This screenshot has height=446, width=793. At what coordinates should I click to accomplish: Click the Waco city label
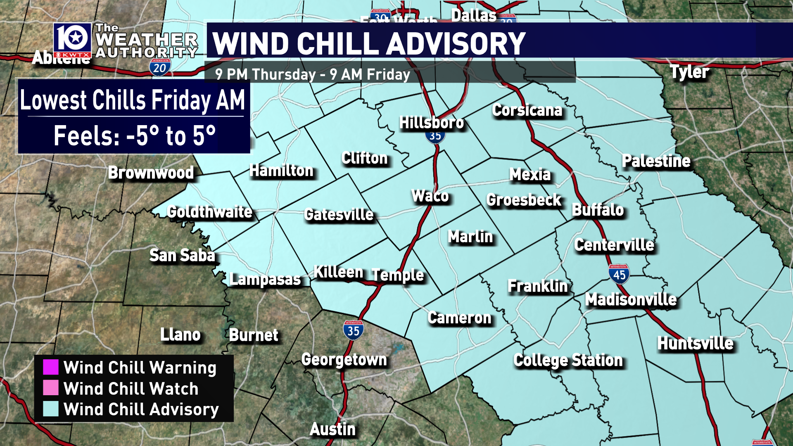point(430,196)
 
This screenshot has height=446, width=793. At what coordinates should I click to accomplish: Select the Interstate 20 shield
point(160,67)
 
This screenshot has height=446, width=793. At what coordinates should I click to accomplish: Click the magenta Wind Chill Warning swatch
point(51,367)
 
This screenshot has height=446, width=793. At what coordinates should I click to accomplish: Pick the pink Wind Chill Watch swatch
point(51,388)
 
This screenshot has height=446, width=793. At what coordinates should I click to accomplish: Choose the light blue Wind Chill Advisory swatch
point(51,409)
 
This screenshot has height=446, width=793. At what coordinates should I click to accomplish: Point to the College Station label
point(568,361)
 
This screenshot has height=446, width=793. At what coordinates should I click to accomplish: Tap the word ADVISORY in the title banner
point(456,43)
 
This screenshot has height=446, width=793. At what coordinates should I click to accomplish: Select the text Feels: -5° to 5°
point(134,135)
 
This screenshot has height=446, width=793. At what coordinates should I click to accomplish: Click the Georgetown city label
point(344,360)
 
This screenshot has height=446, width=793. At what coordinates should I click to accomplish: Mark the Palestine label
point(656,161)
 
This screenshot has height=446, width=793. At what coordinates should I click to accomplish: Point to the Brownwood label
point(151,173)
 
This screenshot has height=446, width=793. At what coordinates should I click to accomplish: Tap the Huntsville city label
point(695,343)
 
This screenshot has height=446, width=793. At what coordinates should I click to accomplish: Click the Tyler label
point(689,72)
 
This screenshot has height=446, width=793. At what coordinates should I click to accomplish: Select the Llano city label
point(180,334)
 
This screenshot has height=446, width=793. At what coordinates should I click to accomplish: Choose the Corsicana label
point(527,110)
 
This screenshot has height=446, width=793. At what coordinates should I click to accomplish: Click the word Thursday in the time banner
point(284,75)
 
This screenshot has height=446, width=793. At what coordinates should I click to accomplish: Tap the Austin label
point(332,429)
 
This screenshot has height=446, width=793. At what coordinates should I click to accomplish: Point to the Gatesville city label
point(339,214)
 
